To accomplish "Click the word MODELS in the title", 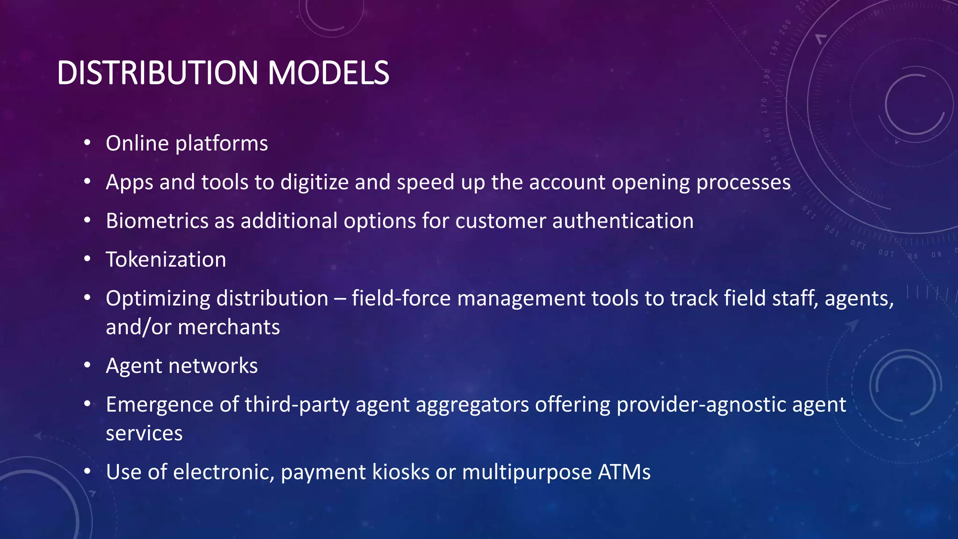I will (328, 73).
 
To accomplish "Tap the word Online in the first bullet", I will (137, 143).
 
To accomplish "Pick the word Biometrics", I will (157, 221).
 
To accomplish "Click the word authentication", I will (623, 221).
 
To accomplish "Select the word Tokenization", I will (166, 260).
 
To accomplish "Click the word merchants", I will (229, 327).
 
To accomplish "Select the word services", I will (144, 433).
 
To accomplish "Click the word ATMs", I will (624, 472).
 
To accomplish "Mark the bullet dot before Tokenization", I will (87, 259).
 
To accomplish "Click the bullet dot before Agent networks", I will (87, 365).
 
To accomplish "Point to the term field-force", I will (401, 299).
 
